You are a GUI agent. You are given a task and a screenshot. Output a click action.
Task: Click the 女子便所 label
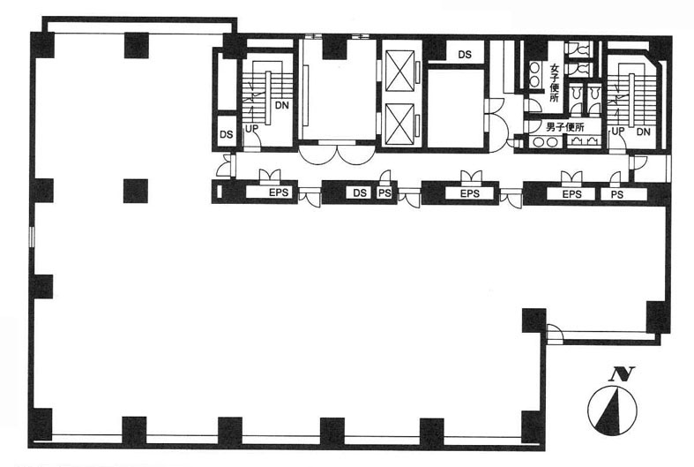click(555, 83)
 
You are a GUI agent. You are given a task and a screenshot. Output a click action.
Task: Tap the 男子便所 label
click(565, 128)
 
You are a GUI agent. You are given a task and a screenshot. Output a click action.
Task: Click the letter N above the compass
click(622, 374)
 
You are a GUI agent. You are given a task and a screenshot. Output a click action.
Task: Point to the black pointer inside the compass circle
click(610, 411)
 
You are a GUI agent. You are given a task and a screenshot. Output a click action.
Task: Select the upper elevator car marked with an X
click(400, 71)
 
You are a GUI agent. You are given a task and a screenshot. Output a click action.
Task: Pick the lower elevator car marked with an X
click(400, 124)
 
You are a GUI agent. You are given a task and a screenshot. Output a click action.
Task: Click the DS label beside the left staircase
click(226, 134)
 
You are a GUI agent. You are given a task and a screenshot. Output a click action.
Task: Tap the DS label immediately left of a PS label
click(360, 192)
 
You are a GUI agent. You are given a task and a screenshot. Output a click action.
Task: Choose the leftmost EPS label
click(279, 192)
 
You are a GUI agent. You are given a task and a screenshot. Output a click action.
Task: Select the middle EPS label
click(470, 193)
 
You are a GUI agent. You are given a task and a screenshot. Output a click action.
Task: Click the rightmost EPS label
click(571, 194)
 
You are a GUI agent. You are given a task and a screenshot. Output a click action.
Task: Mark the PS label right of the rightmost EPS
click(617, 194)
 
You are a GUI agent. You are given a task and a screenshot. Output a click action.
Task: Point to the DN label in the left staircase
click(281, 105)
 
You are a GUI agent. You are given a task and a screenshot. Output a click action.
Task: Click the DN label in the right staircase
click(644, 132)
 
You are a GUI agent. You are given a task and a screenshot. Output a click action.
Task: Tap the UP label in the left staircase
click(251, 129)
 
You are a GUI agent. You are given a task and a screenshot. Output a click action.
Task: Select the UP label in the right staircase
click(618, 132)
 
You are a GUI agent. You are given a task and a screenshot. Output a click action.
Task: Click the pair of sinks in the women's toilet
click(534, 73)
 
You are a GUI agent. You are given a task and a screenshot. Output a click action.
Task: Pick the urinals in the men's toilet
click(584, 140)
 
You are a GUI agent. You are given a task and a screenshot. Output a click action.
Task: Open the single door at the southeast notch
click(554, 333)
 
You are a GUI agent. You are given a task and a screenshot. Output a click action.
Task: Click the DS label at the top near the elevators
click(465, 55)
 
